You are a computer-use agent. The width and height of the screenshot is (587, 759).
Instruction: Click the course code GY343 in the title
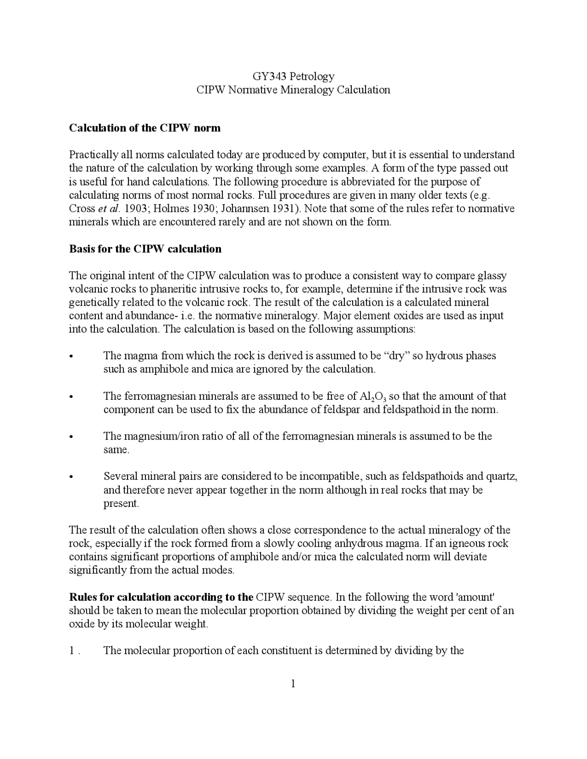click(267, 76)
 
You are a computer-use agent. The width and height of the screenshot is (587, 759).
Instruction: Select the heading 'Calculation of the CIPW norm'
click(144, 128)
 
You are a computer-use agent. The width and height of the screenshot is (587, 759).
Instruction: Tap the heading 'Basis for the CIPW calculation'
click(145, 249)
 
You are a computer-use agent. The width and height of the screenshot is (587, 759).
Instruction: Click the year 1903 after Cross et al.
click(135, 209)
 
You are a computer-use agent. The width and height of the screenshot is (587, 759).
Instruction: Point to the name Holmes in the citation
click(168, 209)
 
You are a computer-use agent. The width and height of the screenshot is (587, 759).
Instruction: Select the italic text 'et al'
click(108, 209)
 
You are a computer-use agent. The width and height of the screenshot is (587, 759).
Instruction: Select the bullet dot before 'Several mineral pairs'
click(71, 478)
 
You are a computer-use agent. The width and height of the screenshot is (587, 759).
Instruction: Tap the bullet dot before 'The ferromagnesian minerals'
click(71, 397)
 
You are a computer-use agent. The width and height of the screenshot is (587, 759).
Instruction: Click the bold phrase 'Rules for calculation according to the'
click(161, 597)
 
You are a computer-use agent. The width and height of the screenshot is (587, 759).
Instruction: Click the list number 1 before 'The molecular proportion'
click(72, 651)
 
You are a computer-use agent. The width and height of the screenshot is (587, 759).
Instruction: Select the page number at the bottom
click(293, 684)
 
